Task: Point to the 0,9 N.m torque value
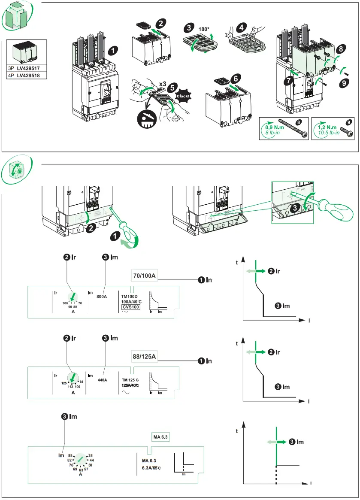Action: [x=273, y=127]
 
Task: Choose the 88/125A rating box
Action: [x=145, y=356]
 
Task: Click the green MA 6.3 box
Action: [x=161, y=437]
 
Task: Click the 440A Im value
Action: [x=103, y=379]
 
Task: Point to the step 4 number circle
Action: [x=243, y=27]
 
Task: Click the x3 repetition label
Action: [x=162, y=83]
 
